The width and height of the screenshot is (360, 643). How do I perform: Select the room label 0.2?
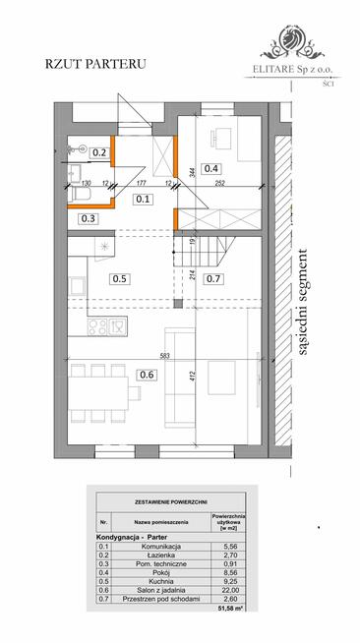pyautogui.click(x=99, y=152)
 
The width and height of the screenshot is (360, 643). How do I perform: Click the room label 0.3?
pyautogui.click(x=89, y=217)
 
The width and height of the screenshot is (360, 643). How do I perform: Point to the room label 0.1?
pyautogui.click(x=143, y=199)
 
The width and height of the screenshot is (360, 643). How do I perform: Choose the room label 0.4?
pyautogui.click(x=211, y=167)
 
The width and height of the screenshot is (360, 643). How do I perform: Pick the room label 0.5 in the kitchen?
pyautogui.click(x=121, y=278)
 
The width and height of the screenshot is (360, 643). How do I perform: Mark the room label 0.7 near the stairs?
pyautogui.click(x=214, y=278)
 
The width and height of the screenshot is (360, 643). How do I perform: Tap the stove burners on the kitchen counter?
pyautogui.click(x=100, y=323)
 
